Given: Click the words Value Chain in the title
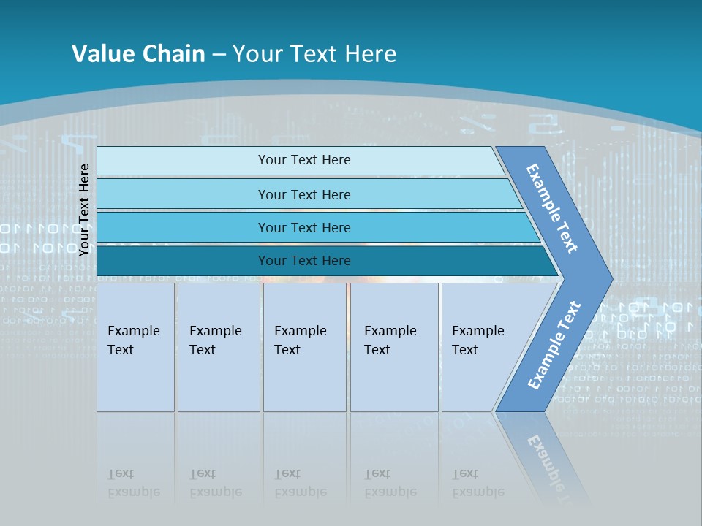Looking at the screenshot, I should point(138,53).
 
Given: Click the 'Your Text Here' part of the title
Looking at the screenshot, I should point(314,53).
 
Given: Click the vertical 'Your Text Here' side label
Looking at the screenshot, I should point(84,210).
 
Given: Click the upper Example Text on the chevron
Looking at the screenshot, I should point(552,208).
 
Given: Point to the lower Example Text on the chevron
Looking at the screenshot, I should point(554,346).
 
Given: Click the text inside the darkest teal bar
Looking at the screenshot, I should point(304,261).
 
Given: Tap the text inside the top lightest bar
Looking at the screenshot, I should point(304,160).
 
